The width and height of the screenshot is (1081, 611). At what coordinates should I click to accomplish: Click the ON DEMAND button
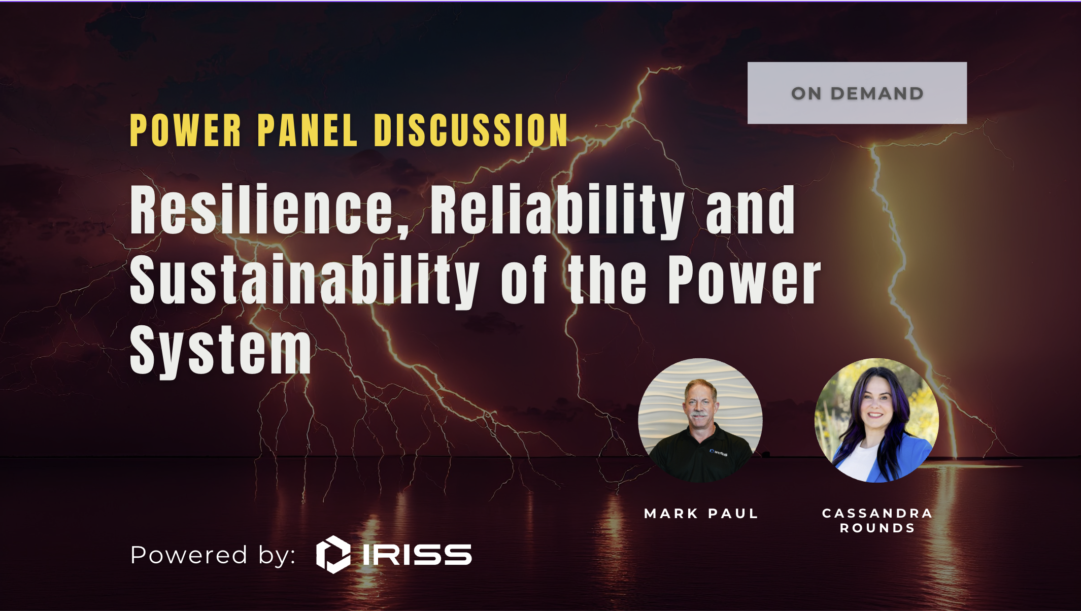857,93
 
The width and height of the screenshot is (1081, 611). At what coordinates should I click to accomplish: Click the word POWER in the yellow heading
186,130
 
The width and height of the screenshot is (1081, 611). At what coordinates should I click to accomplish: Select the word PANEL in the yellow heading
308,130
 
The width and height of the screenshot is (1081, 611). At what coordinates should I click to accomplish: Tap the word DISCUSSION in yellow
471,130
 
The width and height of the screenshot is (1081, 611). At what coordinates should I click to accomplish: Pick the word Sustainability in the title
304,280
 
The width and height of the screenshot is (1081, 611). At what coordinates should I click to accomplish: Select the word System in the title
221,350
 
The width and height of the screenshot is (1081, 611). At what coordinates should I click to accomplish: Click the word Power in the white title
744,280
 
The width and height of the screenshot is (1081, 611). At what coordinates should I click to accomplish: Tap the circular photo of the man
700,420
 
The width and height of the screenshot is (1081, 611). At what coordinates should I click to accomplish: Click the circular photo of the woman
876,420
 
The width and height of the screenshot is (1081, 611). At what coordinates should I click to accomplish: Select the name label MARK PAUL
701,514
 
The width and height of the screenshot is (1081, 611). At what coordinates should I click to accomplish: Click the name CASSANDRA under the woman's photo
877,513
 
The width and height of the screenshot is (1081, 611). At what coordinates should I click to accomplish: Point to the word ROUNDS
877,528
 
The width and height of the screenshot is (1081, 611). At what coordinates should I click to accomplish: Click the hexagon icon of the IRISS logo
333,554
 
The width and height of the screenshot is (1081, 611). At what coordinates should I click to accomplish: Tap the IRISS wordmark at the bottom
417,554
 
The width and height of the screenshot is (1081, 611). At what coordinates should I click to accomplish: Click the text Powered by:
213,555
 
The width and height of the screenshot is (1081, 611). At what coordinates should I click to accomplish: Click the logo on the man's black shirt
719,452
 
